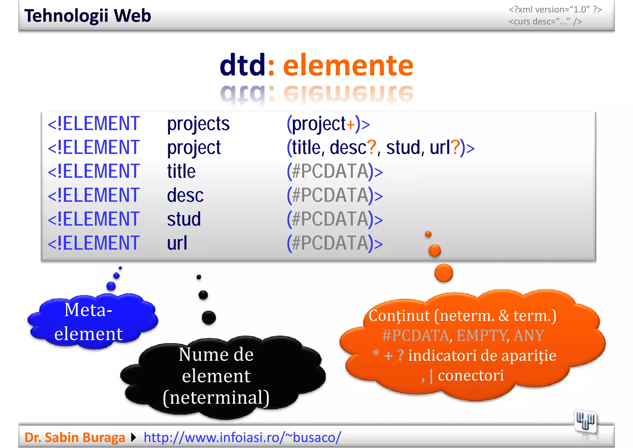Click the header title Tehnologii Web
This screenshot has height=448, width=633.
coord(87,16)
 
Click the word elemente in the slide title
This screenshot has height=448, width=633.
coord(348,65)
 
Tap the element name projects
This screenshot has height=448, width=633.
coord(198,124)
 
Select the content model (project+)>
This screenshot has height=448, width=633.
coord(328,124)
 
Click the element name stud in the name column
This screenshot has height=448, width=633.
coord(184,219)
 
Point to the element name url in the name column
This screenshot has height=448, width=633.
coord(177,243)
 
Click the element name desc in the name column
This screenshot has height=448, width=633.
coord(185,196)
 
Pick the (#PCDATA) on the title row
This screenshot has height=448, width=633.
coord(334,172)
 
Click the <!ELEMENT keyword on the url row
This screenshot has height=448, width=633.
coord(94,243)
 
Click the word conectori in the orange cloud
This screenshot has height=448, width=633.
coord(470,376)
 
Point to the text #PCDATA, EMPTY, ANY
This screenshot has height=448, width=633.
coord(463,336)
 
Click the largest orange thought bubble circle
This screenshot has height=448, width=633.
coord(444,273)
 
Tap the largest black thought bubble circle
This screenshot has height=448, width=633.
coord(209,318)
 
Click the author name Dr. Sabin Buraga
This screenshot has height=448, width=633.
coord(74,437)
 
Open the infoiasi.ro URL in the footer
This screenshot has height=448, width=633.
coord(242,437)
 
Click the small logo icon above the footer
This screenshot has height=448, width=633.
coord(585,421)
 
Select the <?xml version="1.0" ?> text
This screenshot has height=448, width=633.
coord(555,10)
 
